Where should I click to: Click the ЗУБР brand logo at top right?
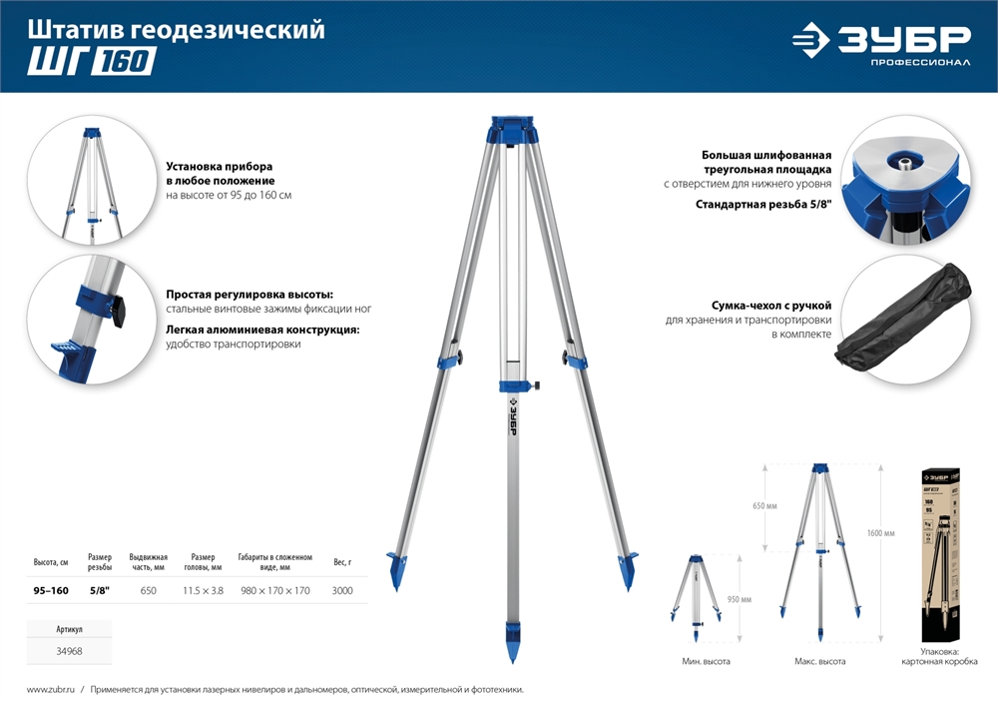coord(880,43)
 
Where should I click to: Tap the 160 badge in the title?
coord(124,63)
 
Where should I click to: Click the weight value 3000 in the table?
coord(342,591)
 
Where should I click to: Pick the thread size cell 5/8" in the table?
coord(100,591)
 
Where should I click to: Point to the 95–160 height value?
coord(51,591)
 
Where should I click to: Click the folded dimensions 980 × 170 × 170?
coord(275,591)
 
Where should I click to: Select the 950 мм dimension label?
coord(739,599)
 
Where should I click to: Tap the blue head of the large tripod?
coord(511,133)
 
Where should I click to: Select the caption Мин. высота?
coord(707,662)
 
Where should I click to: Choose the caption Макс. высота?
coord(820,662)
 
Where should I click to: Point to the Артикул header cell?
coord(70,630)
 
